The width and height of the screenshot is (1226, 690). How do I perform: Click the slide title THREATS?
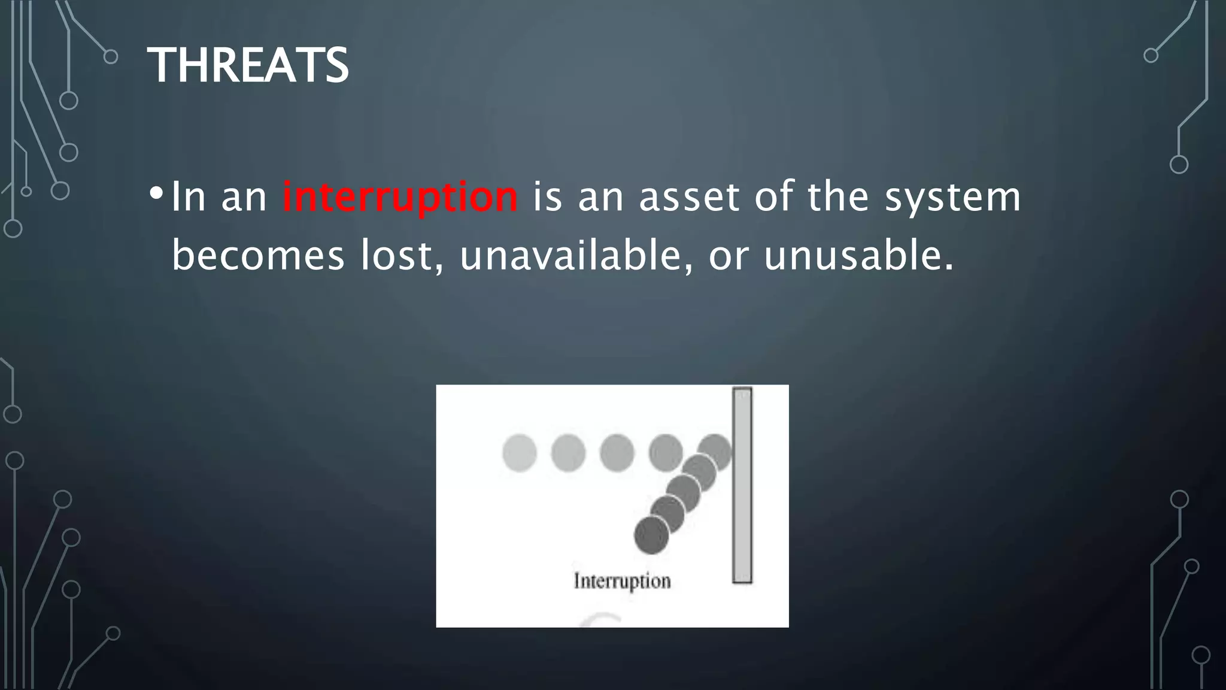click(x=248, y=65)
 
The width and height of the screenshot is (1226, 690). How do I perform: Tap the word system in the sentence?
click(x=952, y=198)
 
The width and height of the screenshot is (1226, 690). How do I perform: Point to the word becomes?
click(x=258, y=255)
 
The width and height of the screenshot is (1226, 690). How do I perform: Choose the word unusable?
click(x=857, y=255)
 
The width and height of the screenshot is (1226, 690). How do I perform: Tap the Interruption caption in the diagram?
click(x=622, y=581)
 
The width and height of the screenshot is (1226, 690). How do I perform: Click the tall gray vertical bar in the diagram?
click(x=742, y=485)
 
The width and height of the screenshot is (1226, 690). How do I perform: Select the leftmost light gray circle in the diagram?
click(x=519, y=453)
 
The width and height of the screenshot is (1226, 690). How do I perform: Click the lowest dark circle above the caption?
click(x=651, y=535)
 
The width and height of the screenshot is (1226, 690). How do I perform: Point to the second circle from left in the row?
click(x=568, y=453)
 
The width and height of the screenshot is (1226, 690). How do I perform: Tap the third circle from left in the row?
click(x=617, y=453)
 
